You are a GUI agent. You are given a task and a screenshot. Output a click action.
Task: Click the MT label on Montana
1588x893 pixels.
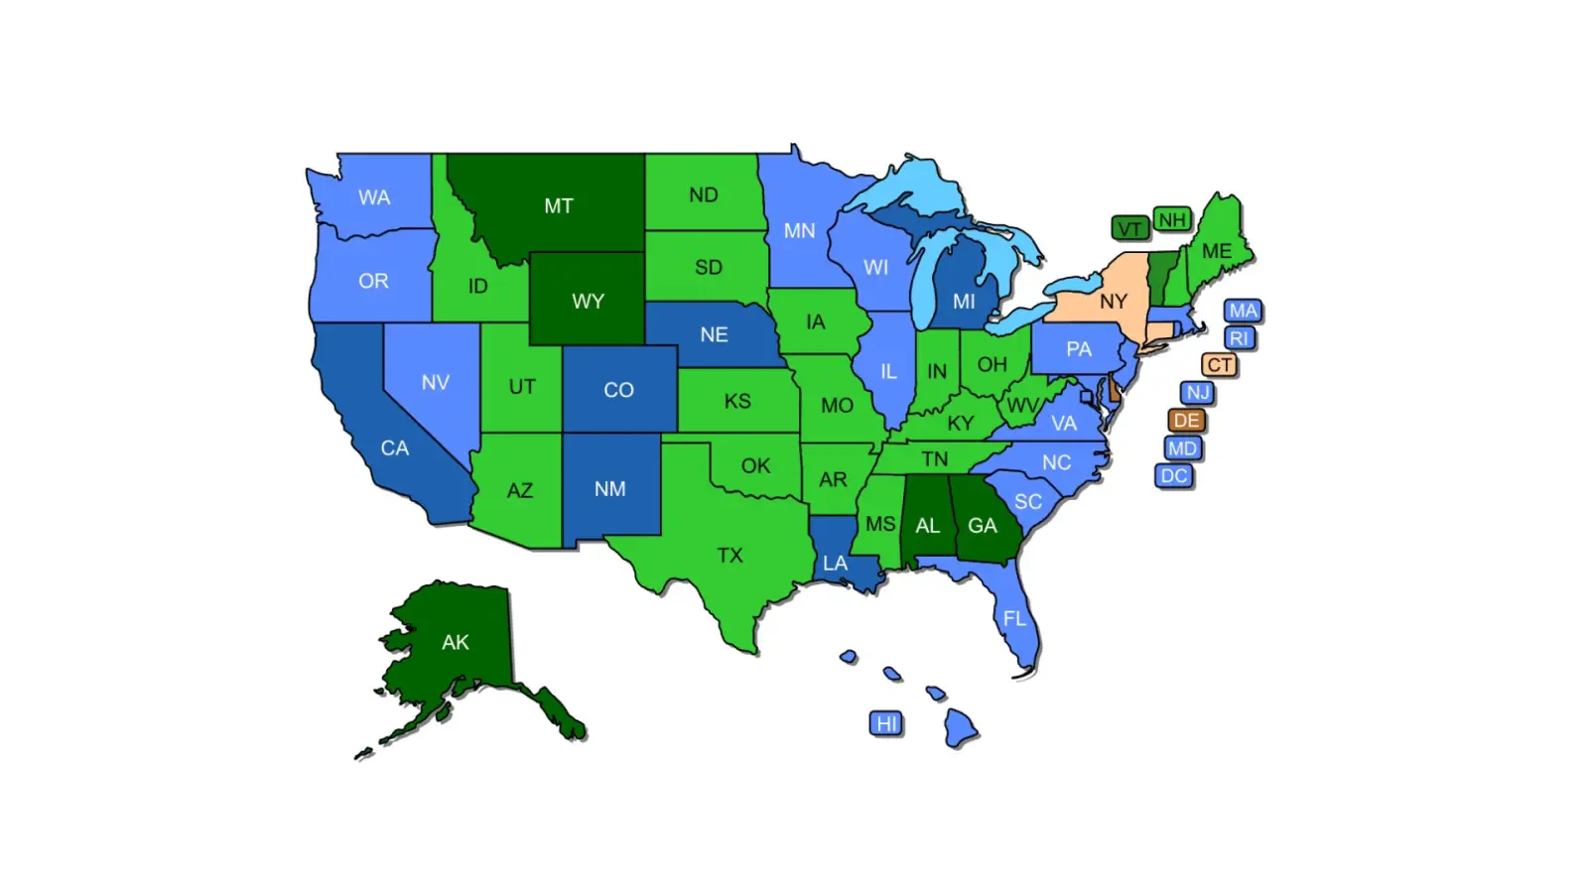(x=558, y=206)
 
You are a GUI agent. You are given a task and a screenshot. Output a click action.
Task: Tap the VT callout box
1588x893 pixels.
(x=1129, y=229)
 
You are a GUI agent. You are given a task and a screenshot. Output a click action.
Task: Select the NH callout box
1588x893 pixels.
(x=1172, y=219)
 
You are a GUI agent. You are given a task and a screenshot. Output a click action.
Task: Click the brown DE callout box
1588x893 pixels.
(x=1186, y=421)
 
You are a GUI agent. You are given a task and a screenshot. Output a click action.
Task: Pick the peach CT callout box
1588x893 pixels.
(x=1219, y=365)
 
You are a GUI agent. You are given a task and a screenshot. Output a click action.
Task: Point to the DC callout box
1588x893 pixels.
(x=1174, y=476)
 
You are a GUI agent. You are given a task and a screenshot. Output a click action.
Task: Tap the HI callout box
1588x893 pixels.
(x=886, y=723)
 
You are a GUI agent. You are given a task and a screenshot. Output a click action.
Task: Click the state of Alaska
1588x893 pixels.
(x=456, y=642)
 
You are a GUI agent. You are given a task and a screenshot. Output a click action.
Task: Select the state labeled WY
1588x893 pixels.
(x=588, y=301)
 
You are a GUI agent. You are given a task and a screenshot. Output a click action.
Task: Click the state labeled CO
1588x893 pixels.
(x=618, y=390)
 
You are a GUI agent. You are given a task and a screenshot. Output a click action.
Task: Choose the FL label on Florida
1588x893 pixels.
(x=1013, y=619)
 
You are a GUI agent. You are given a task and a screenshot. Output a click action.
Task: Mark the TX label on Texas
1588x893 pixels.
(x=729, y=556)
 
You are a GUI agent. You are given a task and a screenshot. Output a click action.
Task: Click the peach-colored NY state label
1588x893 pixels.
(x=1113, y=302)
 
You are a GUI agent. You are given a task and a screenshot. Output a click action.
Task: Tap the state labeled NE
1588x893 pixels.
(x=714, y=335)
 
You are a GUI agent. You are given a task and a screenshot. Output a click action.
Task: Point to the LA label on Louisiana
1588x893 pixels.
(x=835, y=564)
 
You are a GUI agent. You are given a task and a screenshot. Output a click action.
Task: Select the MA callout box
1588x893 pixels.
(x=1243, y=311)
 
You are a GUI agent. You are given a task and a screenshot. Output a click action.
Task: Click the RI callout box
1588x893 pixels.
(x=1239, y=338)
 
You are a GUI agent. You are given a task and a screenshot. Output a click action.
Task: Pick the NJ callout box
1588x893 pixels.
(x=1198, y=393)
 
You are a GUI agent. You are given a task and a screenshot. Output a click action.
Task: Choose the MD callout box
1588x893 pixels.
(x=1182, y=448)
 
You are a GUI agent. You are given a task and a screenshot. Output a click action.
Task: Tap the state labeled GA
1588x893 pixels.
(x=983, y=526)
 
